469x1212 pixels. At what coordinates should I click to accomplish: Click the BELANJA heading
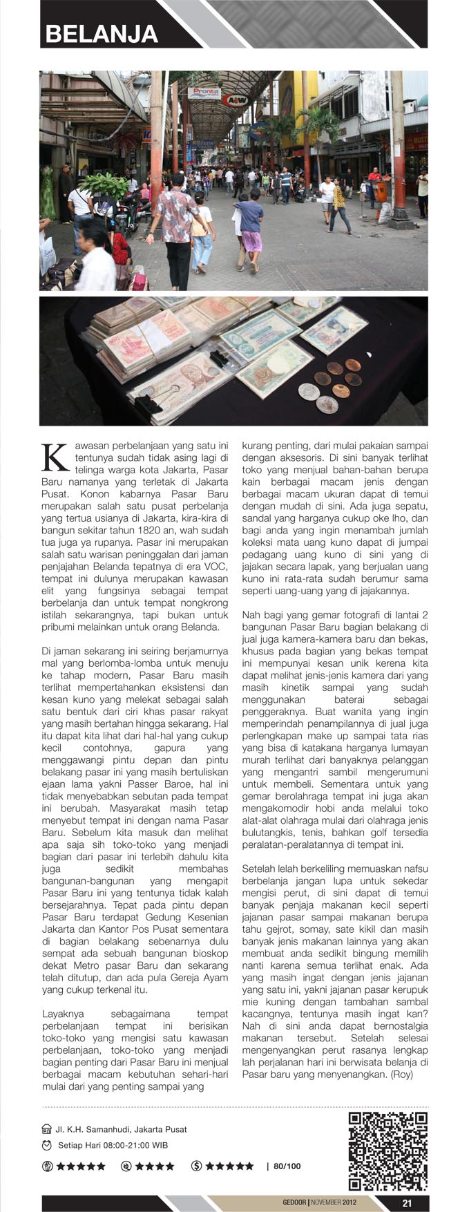102,34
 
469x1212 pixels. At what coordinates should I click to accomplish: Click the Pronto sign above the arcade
205,92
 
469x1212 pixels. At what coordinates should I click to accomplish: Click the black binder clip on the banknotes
220,358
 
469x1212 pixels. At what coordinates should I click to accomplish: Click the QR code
387,1151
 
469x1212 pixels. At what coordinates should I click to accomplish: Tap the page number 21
407,1203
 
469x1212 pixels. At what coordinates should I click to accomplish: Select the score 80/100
287,1166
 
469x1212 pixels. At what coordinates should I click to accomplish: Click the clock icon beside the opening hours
47,1146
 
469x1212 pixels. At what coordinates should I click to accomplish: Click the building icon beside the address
47,1129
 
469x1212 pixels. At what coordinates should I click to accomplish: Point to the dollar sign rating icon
196,1166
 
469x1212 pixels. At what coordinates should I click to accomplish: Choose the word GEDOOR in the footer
294,1203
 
